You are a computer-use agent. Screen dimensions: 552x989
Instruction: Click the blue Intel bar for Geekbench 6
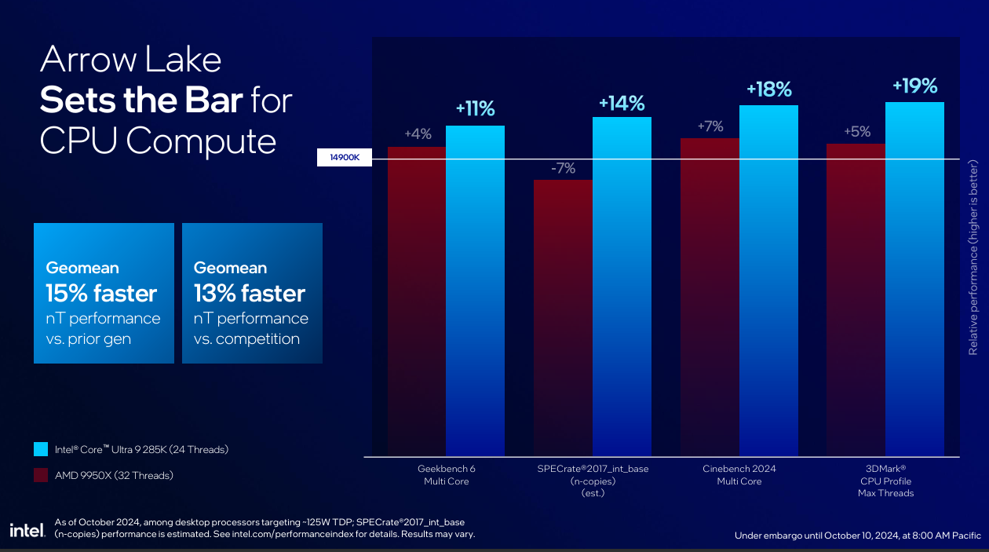pos(475,291)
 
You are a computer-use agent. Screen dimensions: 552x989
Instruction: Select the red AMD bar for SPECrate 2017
pos(563,318)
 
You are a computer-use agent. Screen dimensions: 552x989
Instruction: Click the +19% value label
pos(914,86)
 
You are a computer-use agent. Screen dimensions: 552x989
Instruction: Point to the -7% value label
pos(563,168)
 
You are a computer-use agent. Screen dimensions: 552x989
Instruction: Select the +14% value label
pos(621,103)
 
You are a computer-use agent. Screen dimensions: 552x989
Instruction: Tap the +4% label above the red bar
pos(418,134)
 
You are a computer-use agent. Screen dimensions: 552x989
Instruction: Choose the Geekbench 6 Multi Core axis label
pos(446,475)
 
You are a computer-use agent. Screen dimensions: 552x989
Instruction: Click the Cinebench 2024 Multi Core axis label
pos(739,475)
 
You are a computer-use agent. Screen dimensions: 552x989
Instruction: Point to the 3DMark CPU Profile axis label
pos(885,481)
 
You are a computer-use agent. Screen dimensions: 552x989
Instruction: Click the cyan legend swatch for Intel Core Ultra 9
pos(40,450)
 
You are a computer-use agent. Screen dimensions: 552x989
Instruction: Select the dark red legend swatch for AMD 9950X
pos(40,475)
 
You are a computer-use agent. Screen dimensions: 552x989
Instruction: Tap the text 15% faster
pos(101,294)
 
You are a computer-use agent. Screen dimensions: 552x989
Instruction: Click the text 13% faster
pos(250,294)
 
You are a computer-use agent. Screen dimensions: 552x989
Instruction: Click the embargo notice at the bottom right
pos(857,536)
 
